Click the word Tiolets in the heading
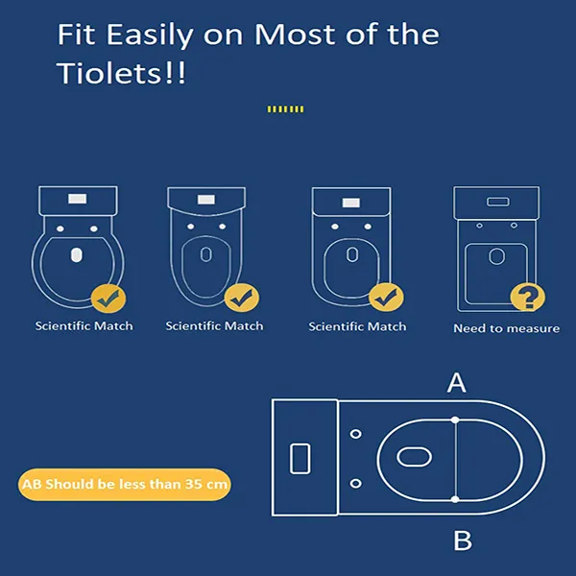coord(109,73)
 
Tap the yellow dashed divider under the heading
coord(285,109)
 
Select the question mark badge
coord(528,298)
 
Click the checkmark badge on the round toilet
coord(108,299)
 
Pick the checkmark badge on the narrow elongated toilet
coord(242,298)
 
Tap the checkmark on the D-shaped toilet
coord(386,298)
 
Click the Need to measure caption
coord(507,328)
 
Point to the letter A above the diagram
coord(457,383)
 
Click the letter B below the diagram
coord(463,540)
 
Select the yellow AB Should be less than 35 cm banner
coord(125,484)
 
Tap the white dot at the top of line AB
coord(455,420)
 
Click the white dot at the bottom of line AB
coord(455,499)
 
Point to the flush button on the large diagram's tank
coord(300,459)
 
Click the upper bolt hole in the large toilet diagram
coord(355,434)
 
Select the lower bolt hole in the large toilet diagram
coord(355,483)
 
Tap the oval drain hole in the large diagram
coord(415,457)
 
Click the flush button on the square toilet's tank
coord(497,202)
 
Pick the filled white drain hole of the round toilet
coord(77,255)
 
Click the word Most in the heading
coord(295,35)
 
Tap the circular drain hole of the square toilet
coord(496,256)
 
